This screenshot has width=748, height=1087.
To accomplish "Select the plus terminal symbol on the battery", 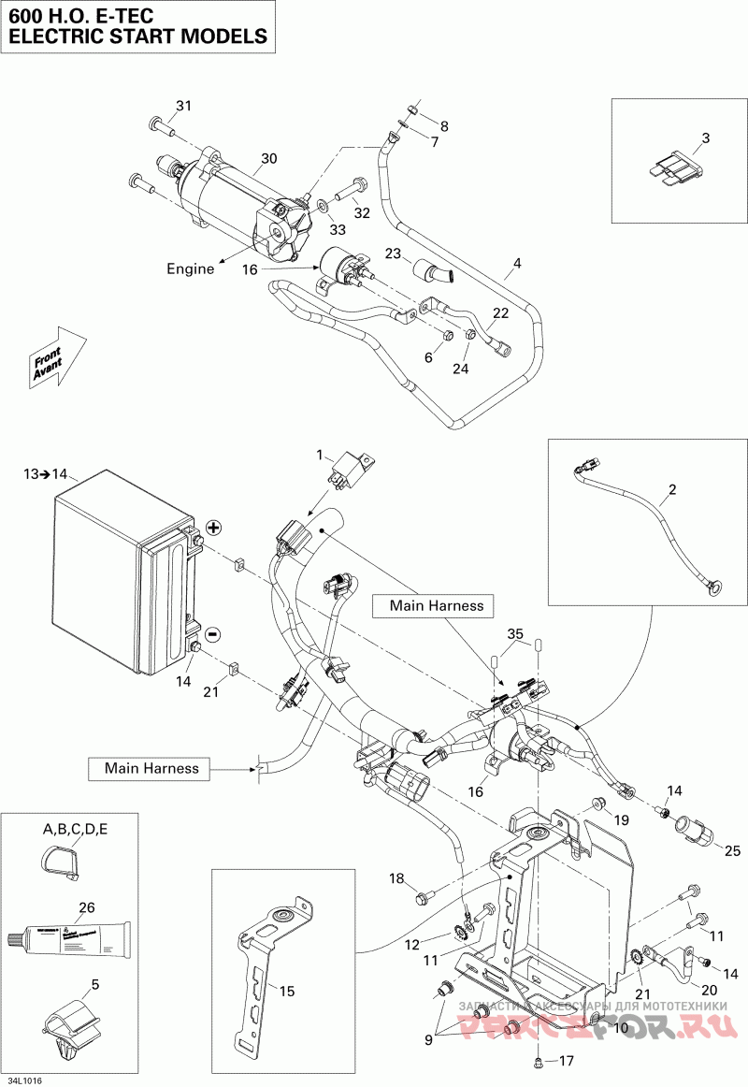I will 213,529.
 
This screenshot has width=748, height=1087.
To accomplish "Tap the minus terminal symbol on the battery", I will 212,635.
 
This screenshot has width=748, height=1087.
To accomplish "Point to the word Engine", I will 191,268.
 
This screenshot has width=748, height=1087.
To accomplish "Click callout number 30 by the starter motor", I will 269,159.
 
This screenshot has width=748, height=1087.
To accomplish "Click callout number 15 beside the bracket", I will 287,991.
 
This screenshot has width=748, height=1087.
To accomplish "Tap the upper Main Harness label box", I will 437,606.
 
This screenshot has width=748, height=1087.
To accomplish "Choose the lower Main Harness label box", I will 151,768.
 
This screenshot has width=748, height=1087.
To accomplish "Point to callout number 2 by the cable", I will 671,489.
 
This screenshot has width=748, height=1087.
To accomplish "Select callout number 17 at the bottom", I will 566,1062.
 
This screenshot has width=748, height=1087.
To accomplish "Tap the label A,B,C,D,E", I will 76,830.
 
